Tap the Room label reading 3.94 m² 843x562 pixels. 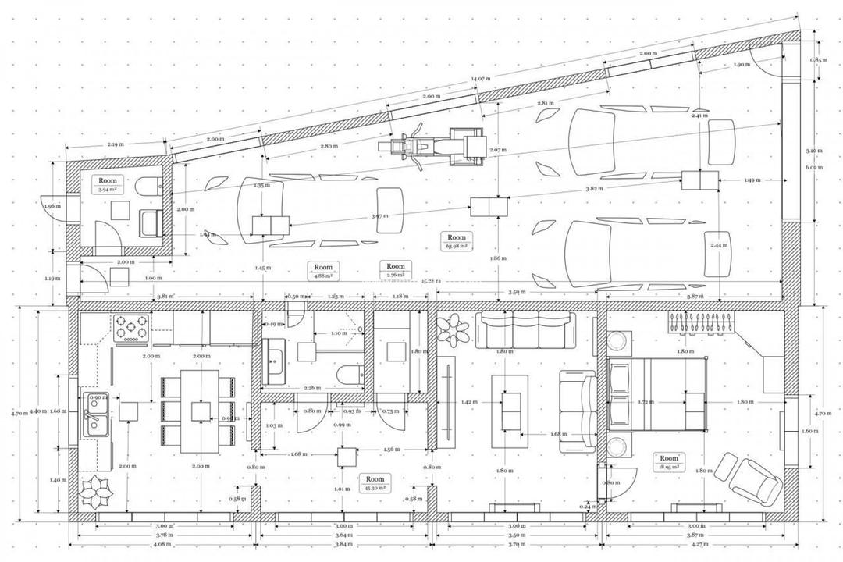[107, 184]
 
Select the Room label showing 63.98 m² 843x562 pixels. [457, 241]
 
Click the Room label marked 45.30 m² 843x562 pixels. [375, 482]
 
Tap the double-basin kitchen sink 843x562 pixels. [97, 413]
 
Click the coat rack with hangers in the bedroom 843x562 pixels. [701, 322]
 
